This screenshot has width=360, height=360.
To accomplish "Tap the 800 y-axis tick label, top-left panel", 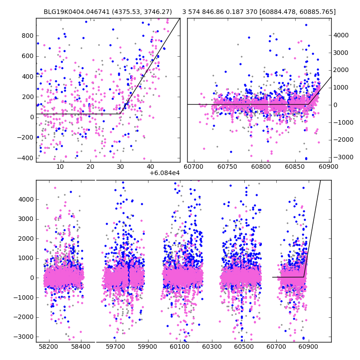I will tap(28, 36).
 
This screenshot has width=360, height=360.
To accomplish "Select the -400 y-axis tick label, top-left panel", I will tap(25, 158).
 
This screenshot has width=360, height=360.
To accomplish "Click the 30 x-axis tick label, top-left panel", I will tap(120, 167).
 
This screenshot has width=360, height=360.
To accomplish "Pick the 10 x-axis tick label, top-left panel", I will tap(60, 167).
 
